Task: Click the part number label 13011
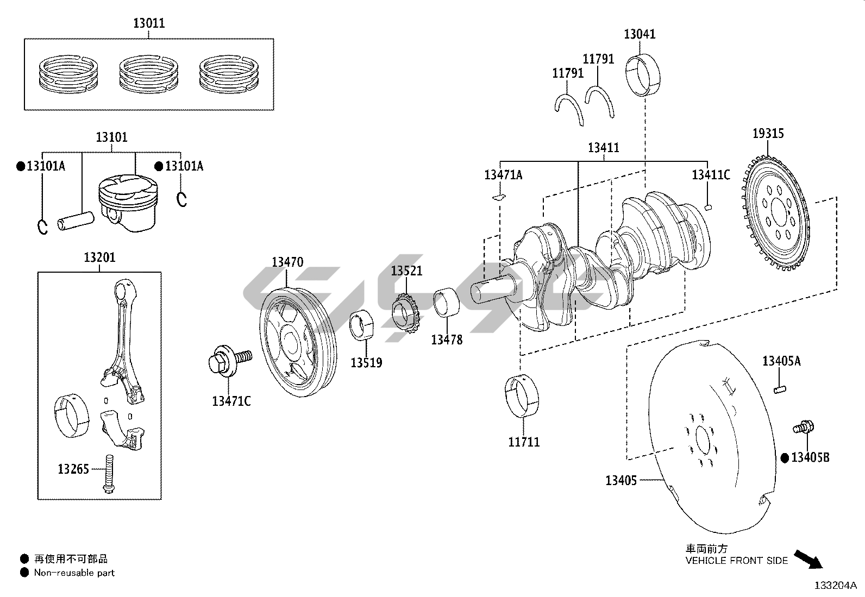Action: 149,23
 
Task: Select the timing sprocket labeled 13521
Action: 406,315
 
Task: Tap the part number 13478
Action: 447,340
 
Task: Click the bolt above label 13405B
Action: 803,427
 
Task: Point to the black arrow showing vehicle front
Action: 808,558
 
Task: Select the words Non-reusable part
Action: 74,573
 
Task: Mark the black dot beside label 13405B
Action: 785,458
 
